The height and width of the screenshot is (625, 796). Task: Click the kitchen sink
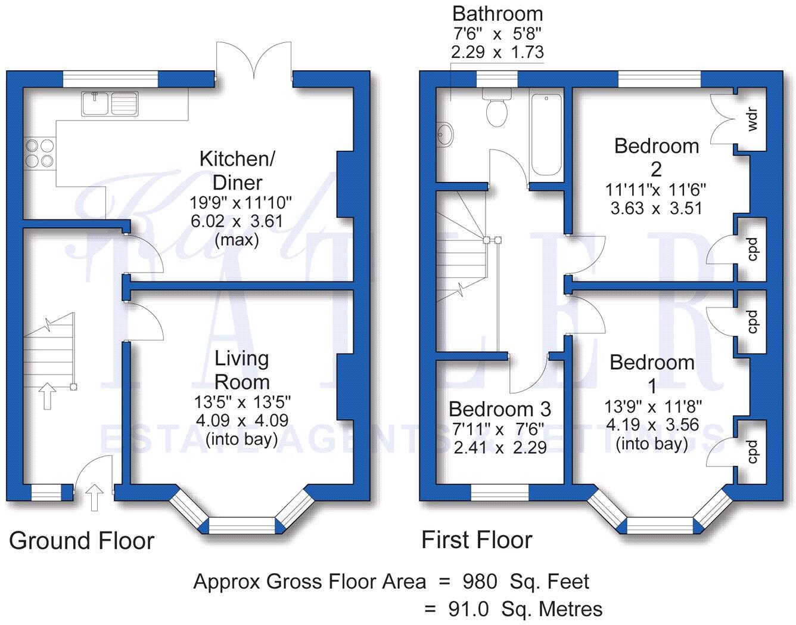point(110,104)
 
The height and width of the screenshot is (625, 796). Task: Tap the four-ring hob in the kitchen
point(40,153)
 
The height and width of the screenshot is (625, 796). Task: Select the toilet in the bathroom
point(497,107)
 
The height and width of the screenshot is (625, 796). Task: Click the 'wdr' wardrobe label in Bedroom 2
point(751,119)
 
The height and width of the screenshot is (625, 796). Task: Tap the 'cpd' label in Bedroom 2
point(752,249)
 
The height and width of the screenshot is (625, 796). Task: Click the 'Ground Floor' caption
point(82,541)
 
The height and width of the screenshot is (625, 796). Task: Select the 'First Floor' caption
point(477,540)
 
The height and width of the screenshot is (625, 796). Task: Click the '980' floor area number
point(480,581)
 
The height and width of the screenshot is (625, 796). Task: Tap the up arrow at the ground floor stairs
point(47,396)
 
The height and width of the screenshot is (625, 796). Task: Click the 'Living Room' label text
point(242,370)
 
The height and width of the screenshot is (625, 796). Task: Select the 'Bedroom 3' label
point(500,409)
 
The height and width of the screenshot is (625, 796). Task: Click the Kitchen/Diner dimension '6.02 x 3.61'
point(237,221)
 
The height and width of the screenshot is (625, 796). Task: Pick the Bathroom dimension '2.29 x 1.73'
point(497,52)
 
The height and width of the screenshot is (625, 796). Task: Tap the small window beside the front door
point(46,492)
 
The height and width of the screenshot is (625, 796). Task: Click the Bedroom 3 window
point(499,492)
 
